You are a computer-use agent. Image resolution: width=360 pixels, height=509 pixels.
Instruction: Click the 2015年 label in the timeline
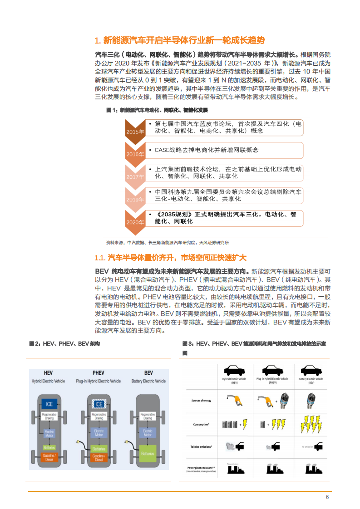coord(135,132)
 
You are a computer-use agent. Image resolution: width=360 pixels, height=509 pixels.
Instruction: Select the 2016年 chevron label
coord(135,154)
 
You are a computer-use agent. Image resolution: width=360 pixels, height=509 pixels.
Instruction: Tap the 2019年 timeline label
coord(135,200)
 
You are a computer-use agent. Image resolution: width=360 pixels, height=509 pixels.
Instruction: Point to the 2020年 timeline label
coord(135,222)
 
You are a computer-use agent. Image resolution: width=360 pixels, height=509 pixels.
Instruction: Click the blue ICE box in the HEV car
coord(49,404)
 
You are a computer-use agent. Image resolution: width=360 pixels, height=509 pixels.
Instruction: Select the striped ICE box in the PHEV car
coord(99,404)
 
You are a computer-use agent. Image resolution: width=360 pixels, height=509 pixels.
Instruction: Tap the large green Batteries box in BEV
coord(148,453)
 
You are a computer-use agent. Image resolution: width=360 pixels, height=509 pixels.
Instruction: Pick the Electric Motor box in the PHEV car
coord(99,433)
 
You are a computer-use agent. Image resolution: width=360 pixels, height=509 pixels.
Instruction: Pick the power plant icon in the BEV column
coord(311,469)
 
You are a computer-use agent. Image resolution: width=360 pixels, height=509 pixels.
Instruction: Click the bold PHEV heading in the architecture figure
coord(99,373)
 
